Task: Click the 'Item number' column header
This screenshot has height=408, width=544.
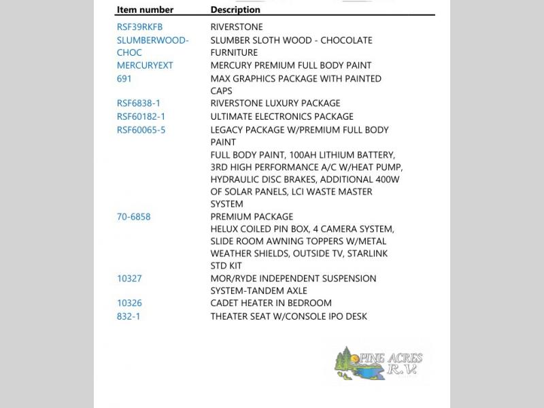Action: [145, 10]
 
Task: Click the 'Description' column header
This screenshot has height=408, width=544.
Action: [235, 10]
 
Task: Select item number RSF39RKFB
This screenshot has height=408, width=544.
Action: [139, 27]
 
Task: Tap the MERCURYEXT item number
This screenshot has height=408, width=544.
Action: [145, 65]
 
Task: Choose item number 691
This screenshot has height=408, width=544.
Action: [124, 79]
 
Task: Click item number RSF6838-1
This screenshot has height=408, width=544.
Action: [139, 103]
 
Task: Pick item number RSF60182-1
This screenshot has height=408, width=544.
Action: [141, 117]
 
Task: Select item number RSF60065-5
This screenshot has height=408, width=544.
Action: [141, 130]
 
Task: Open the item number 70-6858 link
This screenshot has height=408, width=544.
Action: [133, 217]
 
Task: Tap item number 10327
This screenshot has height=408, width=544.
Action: [129, 279]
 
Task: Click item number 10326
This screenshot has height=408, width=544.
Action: [129, 303]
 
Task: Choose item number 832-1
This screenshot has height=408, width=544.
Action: [129, 317]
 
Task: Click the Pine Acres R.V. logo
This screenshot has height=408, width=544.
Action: [379, 363]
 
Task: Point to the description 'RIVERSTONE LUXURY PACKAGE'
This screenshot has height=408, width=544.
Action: [275, 103]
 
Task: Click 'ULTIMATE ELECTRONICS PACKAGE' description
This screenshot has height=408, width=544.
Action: [282, 117]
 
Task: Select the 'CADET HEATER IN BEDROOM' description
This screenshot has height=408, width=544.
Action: [271, 303]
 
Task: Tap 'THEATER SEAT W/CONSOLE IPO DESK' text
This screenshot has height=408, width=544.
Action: [288, 317]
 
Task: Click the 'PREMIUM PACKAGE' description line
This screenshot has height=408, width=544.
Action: [248, 217]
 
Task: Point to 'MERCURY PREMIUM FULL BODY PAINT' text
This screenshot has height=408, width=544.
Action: [291, 65]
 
